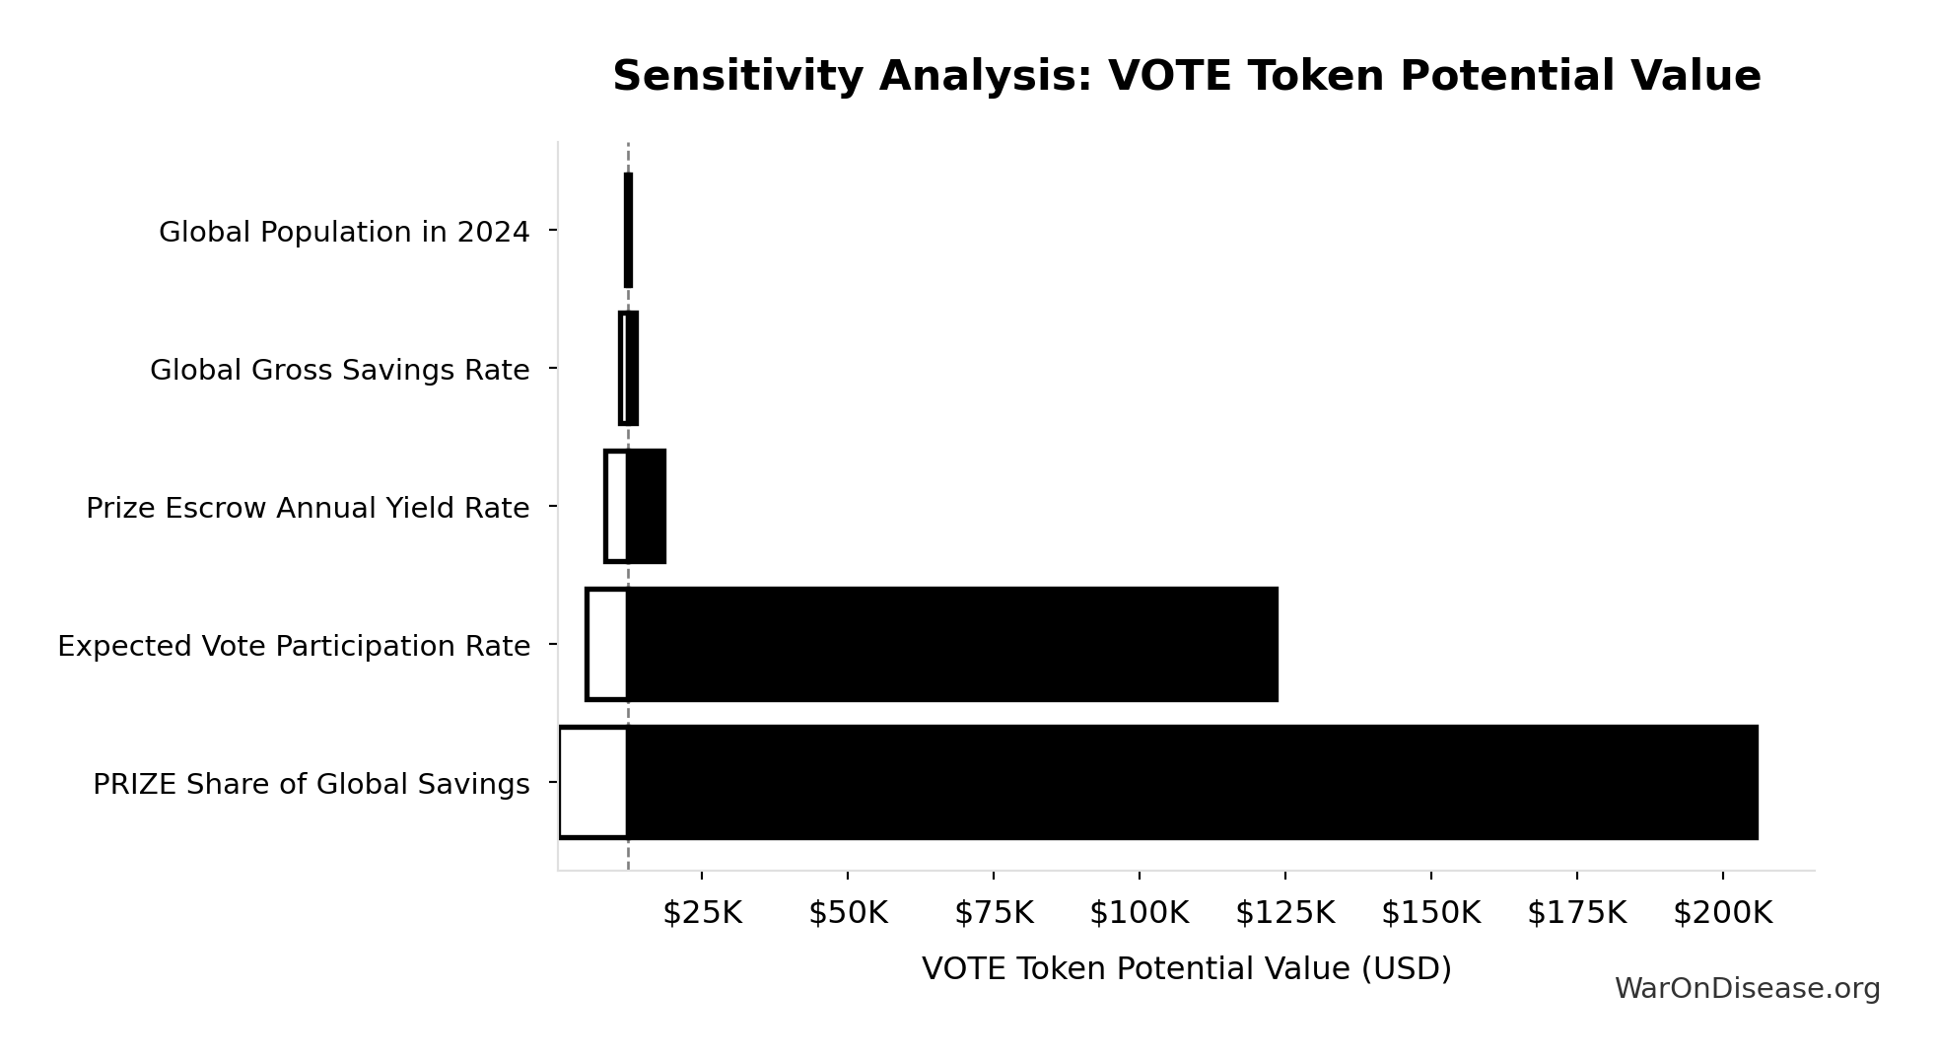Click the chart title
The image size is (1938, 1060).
coord(1186,76)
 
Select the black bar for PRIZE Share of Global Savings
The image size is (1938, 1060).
coord(1192,782)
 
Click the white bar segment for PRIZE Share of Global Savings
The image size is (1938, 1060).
coord(592,782)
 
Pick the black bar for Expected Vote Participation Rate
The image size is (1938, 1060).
coord(952,644)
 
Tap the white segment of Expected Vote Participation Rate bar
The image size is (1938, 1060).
coord(607,644)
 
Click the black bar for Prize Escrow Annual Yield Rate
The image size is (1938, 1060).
coord(646,506)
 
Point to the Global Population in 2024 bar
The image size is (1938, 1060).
coord(628,230)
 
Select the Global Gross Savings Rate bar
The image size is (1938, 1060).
coord(629,368)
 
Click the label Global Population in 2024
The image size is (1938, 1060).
coord(344,232)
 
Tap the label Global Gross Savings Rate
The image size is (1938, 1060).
coord(339,370)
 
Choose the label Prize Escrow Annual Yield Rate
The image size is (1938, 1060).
coord(308,508)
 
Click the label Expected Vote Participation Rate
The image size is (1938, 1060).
coord(294,646)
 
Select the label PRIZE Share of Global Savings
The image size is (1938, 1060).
coord(311,784)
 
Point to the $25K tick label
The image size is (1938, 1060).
coord(702,913)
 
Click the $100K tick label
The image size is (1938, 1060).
coord(1139,913)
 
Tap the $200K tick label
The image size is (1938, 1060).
coord(1722,913)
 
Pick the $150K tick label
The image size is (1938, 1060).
coord(1430,913)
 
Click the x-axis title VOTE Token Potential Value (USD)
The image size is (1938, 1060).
coord(1186,968)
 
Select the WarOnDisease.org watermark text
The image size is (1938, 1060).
coord(1747,988)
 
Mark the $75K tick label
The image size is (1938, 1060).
coord(994,913)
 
